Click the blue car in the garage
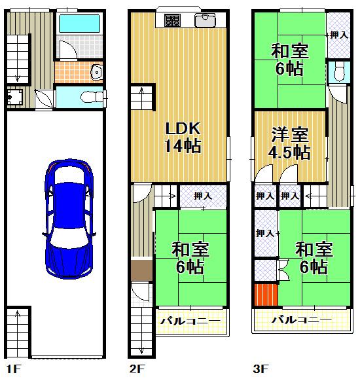tap(69, 221)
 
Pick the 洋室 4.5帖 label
tap(291, 144)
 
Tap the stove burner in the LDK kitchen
tap(172, 21)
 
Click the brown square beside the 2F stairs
tap(141, 270)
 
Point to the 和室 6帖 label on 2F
tap(190, 257)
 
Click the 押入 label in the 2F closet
tap(203, 195)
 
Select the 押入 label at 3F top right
tap(338, 34)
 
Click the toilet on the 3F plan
tap(337, 73)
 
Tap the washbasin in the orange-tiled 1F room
tap(96, 71)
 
